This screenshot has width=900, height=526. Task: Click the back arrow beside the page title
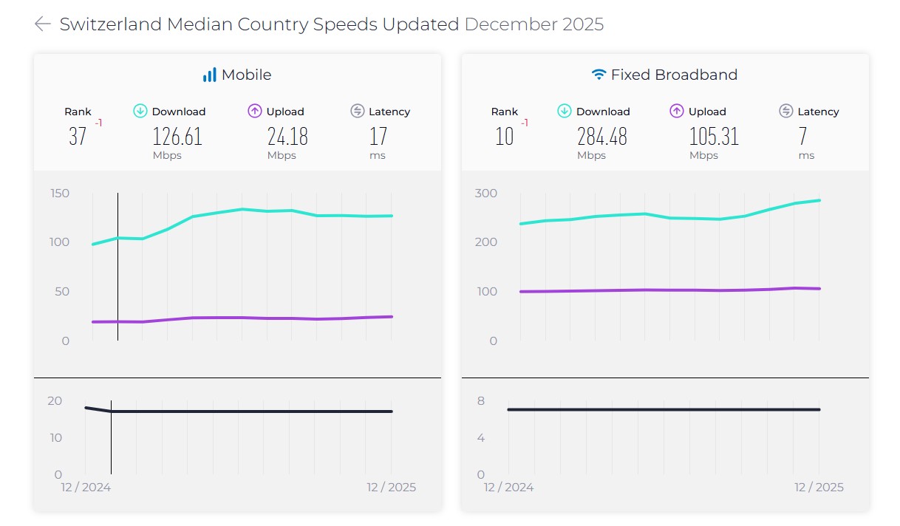[x=43, y=24]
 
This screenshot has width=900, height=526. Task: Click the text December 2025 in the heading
[x=533, y=24]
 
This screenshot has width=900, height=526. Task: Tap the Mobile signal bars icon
[x=210, y=75]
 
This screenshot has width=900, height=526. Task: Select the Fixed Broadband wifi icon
[x=599, y=75]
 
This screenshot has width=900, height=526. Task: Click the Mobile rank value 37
[x=78, y=137]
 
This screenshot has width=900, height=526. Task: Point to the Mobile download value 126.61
[x=177, y=137]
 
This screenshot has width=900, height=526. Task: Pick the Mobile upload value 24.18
[x=287, y=137]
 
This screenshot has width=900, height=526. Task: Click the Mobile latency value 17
[x=378, y=137]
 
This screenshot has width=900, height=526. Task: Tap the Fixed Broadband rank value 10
[x=504, y=137]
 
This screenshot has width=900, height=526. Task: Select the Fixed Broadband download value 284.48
[x=601, y=137]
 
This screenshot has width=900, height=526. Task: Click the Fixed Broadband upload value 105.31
[x=715, y=137]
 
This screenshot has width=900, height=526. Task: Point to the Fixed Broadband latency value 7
[x=803, y=137]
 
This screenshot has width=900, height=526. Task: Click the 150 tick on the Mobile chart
[x=60, y=194]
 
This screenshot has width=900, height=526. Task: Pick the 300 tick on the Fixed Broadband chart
[x=486, y=194]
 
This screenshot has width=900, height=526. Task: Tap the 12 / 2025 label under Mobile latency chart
[x=391, y=488]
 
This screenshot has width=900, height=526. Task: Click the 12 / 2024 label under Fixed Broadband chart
[x=508, y=488]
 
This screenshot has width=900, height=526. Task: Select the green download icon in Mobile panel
[x=140, y=111]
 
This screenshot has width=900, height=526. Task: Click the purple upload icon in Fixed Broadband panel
[x=676, y=111]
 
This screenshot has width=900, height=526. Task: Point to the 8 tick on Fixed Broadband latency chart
[x=480, y=401]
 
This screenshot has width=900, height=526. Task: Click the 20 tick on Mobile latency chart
[x=55, y=401]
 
